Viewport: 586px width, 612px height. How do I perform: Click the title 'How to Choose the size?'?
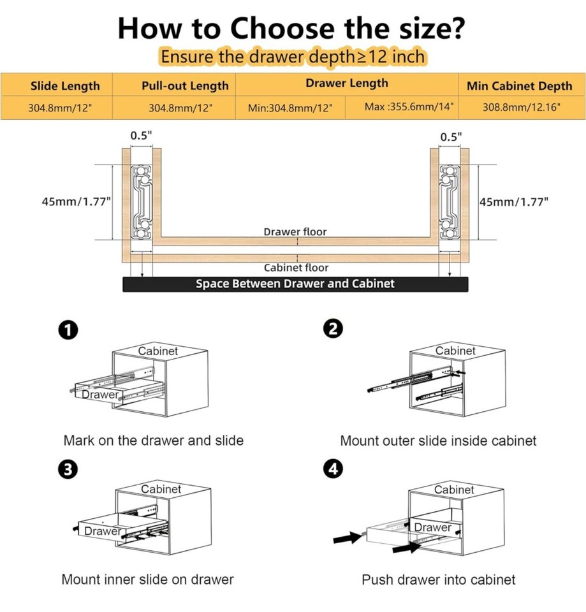click(x=291, y=28)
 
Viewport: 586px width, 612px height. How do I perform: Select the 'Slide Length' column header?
click(x=65, y=86)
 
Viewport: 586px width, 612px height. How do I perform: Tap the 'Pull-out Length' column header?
click(x=184, y=86)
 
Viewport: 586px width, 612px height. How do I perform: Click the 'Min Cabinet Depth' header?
click(x=519, y=86)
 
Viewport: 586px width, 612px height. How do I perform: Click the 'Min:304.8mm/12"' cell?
click(x=291, y=108)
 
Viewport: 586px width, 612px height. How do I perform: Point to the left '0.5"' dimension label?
click(x=141, y=136)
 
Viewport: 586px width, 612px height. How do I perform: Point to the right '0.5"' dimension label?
click(x=451, y=136)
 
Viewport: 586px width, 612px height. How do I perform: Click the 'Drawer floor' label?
click(x=295, y=232)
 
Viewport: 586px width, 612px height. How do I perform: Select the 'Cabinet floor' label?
click(x=297, y=268)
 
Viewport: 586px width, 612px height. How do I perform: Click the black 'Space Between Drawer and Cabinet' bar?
click(x=295, y=284)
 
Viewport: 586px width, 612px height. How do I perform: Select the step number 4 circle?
click(x=333, y=469)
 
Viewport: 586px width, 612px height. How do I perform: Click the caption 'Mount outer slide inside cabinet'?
click(x=438, y=441)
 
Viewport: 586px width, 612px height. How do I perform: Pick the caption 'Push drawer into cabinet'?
click(x=438, y=579)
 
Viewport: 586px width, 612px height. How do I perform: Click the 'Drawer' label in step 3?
click(x=102, y=531)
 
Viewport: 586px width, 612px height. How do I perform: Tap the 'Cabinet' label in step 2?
click(x=455, y=351)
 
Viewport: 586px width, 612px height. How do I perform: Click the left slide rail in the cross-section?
click(x=141, y=201)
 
